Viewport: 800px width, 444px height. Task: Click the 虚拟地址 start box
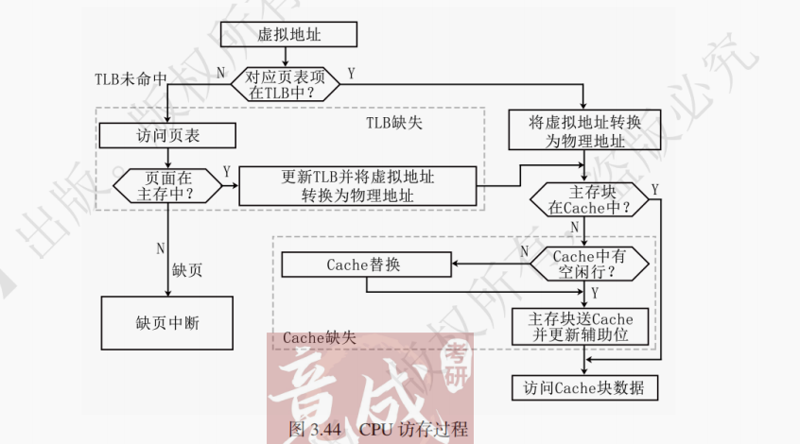pos(288,35)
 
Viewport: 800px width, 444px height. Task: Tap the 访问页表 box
pos(167,136)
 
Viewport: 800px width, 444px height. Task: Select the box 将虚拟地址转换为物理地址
pos(583,130)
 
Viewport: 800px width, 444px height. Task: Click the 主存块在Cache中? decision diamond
pos(586,198)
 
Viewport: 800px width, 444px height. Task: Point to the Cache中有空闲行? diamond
pos(587,264)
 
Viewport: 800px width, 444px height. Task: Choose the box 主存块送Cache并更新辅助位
pos(584,326)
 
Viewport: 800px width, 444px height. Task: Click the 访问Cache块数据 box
pos(584,387)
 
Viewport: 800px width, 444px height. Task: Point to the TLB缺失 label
pos(395,123)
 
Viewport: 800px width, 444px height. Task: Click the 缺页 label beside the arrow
pos(187,269)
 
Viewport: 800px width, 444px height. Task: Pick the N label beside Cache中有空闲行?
pos(525,252)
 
